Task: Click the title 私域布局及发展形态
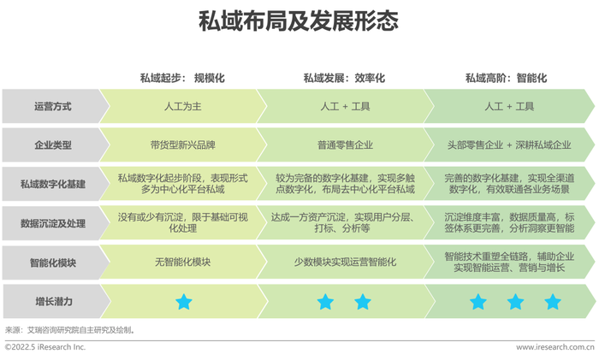point(299,21)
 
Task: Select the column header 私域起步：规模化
point(182,79)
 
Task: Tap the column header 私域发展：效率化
point(344,79)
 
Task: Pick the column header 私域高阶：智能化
point(507,79)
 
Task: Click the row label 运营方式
point(53,107)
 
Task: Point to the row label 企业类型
point(53,145)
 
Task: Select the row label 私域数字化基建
point(53,184)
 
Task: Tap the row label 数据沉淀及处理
point(53,223)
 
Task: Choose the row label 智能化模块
point(53,263)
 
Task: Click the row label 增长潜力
point(53,302)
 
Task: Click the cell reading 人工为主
point(182,107)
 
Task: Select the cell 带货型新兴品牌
point(182,145)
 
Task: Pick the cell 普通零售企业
point(345,145)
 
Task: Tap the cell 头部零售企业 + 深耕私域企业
point(509,145)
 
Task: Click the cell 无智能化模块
point(182,263)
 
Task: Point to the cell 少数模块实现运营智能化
point(345,263)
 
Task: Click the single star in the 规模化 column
point(184,302)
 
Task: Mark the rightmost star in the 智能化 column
point(553,302)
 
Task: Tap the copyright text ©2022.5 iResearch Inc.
point(45,347)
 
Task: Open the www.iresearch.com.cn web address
point(555,347)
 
